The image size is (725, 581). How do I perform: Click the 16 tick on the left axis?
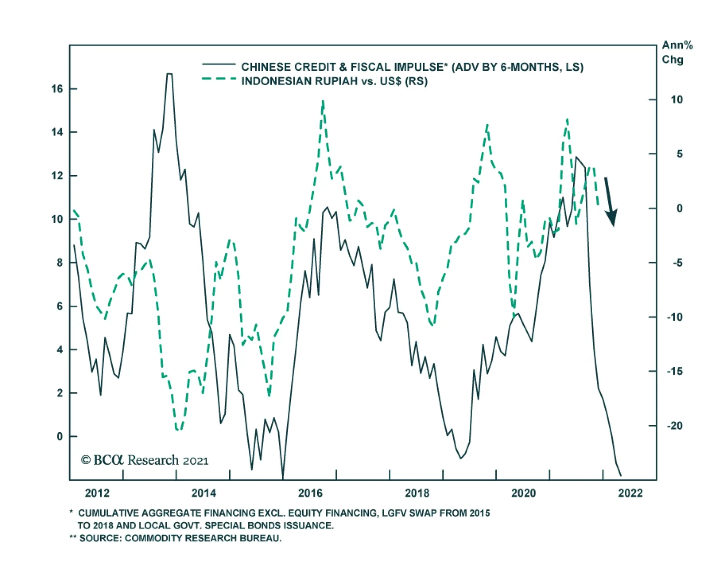(58, 89)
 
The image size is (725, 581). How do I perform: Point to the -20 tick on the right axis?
(674, 425)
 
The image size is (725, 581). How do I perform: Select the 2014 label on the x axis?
(203, 493)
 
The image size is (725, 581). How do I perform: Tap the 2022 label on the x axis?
(630, 493)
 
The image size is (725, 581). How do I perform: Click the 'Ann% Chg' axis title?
(677, 52)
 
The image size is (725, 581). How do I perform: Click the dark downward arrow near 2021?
(610, 201)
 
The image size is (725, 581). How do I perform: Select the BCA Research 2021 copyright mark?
(145, 460)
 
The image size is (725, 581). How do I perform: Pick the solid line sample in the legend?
(219, 65)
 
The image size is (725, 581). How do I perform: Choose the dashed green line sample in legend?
(219, 79)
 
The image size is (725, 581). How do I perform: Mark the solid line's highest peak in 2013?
(169, 74)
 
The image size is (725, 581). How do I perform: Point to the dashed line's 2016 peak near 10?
(323, 102)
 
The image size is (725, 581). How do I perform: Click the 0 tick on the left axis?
(60, 436)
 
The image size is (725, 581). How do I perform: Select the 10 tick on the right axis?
(677, 100)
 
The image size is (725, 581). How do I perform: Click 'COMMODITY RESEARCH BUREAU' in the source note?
(203, 538)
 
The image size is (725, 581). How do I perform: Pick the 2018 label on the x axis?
(417, 493)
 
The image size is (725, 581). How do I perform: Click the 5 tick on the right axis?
(679, 154)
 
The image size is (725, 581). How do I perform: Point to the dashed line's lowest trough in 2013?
(178, 430)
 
